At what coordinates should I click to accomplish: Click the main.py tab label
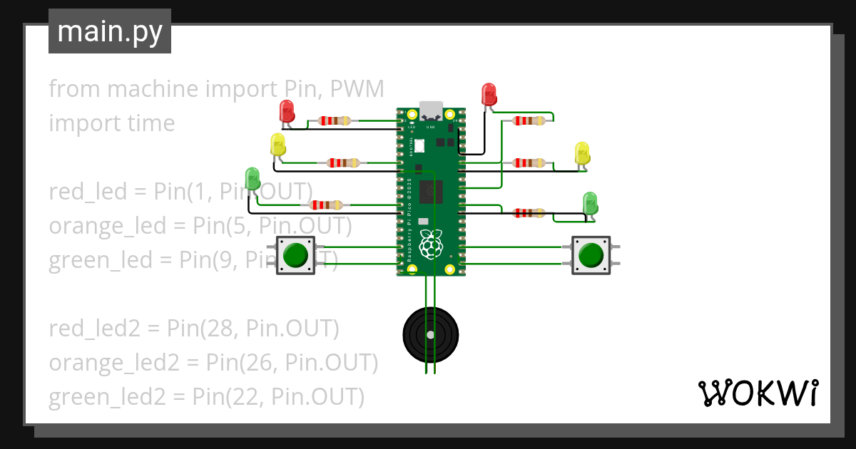[109, 31]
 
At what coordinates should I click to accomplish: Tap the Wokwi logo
[757, 393]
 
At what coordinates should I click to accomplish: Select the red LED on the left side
[286, 111]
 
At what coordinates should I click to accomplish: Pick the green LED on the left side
[252, 178]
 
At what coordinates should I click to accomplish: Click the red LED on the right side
[489, 94]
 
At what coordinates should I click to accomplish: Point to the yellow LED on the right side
[582, 153]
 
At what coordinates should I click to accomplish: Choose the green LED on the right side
[590, 202]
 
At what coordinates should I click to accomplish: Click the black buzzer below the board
[429, 334]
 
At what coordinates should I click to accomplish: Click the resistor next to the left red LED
[334, 120]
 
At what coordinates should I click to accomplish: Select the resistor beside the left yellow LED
[342, 163]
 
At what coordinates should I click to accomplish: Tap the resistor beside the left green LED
[325, 205]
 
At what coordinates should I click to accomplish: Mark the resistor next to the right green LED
[529, 212]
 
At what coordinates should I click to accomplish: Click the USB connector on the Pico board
[431, 110]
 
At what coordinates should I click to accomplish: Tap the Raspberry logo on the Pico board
[430, 244]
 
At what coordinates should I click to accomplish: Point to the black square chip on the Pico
[431, 191]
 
